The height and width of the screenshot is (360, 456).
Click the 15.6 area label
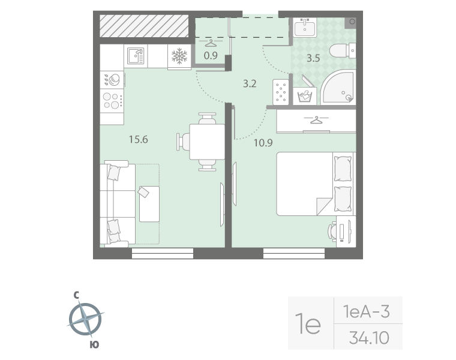pyautogui.click(x=139, y=140)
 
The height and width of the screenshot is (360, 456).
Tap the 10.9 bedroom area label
pyautogui.click(x=263, y=143)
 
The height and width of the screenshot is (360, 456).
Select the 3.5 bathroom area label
pyautogui.click(x=313, y=58)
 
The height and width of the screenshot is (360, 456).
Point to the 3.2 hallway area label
pyautogui.click(x=250, y=84)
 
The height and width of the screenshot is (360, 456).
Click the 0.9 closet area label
pyautogui.click(x=211, y=55)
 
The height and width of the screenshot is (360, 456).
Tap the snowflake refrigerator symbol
pyautogui.click(x=179, y=56)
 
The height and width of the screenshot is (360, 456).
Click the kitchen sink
pyautogui.click(x=136, y=56)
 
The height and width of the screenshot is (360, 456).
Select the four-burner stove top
pyautogui.click(x=112, y=100)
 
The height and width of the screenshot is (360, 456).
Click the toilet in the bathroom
pyautogui.click(x=342, y=50)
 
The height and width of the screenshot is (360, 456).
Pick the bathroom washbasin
pyautogui.click(x=304, y=28)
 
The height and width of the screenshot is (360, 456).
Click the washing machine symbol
pyautogui.click(x=304, y=95)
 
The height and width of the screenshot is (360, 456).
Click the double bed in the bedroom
pyautogui.click(x=316, y=184)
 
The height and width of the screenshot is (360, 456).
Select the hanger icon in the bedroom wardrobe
pyautogui.click(x=316, y=119)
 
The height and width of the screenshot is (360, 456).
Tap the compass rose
pyautogui.click(x=85, y=319)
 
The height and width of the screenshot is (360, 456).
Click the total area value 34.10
pyautogui.click(x=369, y=338)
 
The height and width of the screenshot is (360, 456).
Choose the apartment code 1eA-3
pyautogui.click(x=367, y=312)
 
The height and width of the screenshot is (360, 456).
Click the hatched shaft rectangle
pyautogui.click(x=144, y=26)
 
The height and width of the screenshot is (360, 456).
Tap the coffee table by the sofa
pyautogui.click(x=149, y=204)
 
